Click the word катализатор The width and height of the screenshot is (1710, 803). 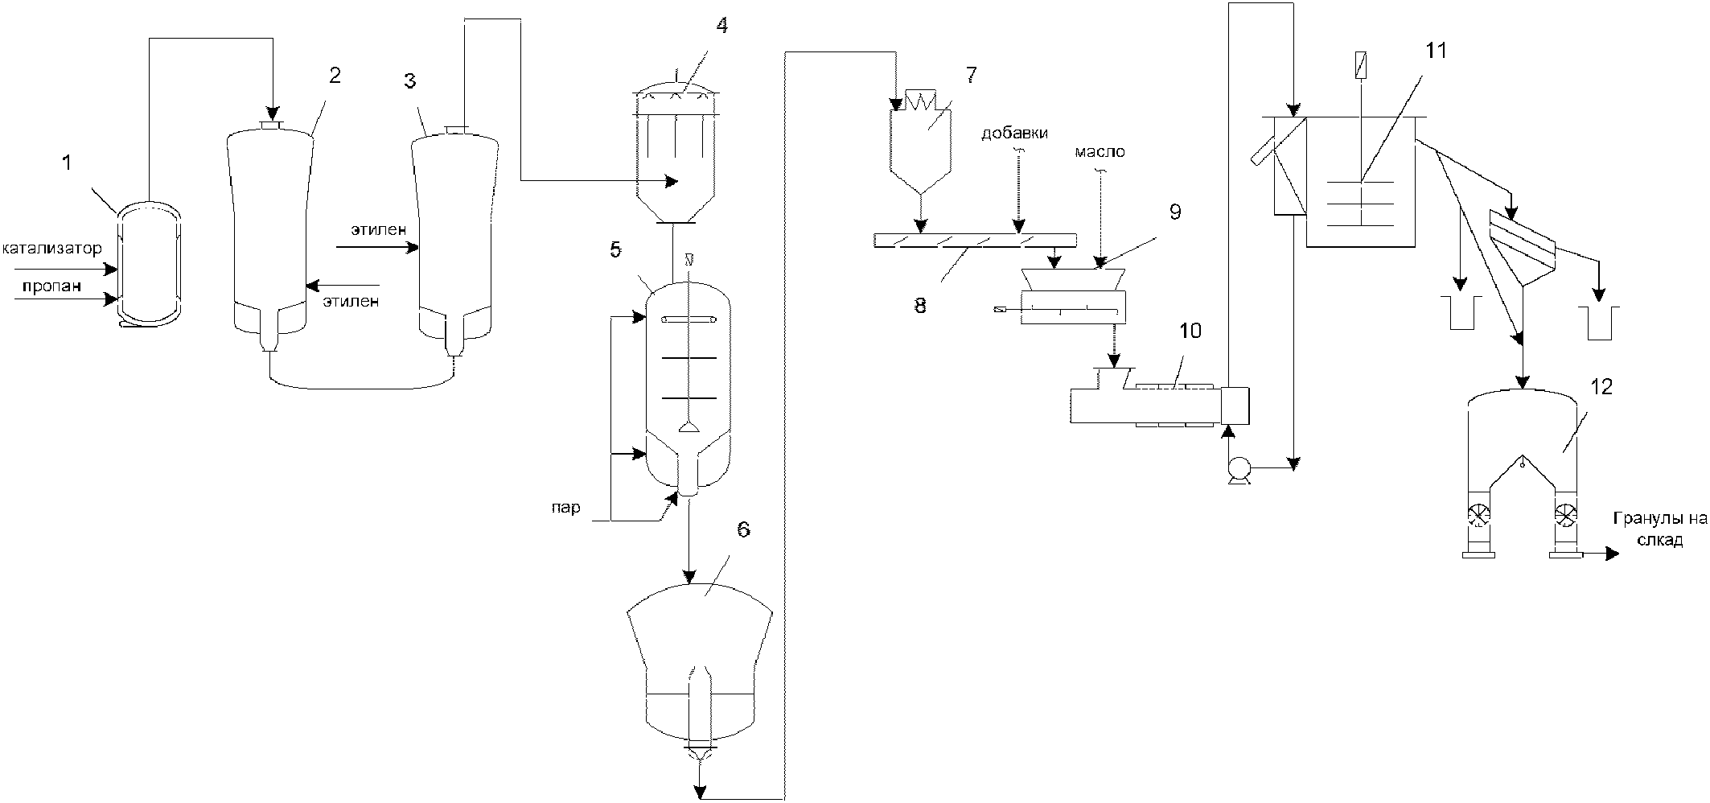[52, 249]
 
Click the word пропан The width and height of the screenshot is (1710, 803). [51, 287]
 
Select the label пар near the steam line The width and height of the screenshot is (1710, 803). [566, 508]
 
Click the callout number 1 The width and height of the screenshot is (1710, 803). [68, 163]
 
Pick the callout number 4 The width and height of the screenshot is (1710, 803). [721, 26]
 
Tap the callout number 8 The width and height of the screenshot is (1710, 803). [920, 306]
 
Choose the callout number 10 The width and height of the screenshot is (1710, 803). [1190, 331]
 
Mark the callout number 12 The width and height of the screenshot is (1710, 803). [1601, 387]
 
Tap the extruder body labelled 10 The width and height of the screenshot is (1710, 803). [1159, 405]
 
